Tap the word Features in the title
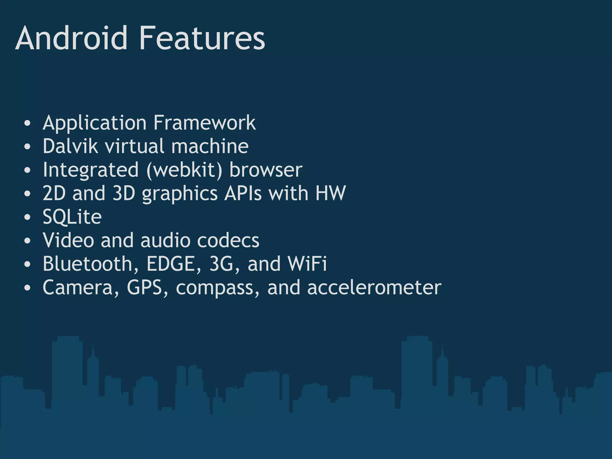[202, 38]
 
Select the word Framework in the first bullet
[205, 123]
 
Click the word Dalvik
[70, 146]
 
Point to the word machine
[210, 146]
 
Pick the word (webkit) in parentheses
[184, 170]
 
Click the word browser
[266, 170]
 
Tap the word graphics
[180, 194]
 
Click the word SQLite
[72, 217]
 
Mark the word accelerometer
[374, 287]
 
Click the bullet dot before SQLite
[27, 217]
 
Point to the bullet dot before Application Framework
[27, 123]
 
